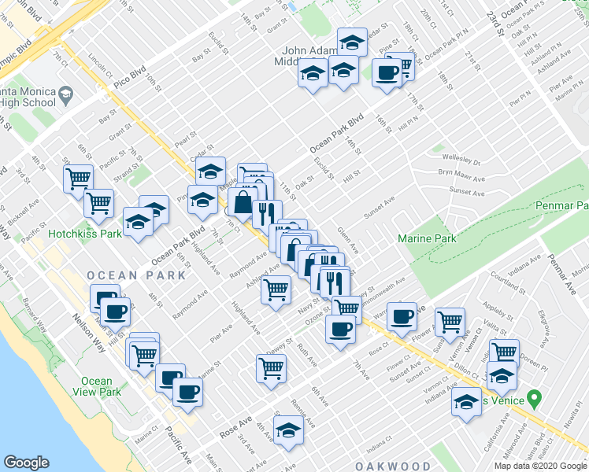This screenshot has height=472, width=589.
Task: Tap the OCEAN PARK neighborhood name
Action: [137, 275]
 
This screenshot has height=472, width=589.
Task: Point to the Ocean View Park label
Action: [97, 386]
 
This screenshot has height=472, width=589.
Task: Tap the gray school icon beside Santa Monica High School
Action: [65, 95]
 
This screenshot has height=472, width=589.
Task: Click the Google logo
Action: [27, 463]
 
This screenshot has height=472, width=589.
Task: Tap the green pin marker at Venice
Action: [535, 399]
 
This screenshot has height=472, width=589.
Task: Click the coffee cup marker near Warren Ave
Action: [402, 316]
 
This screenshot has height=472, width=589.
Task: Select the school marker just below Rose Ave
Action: [288, 431]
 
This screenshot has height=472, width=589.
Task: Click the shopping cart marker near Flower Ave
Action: [450, 320]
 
